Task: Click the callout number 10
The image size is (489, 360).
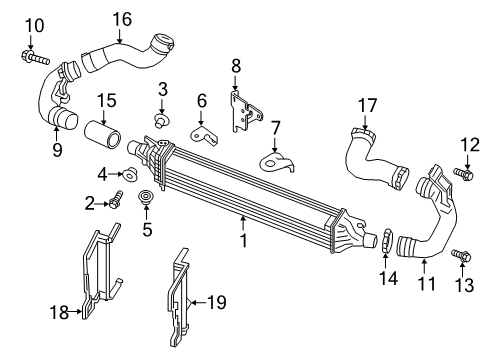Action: tap(34, 24)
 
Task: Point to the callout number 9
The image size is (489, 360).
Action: tap(56, 150)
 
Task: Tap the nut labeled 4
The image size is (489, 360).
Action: tap(131, 175)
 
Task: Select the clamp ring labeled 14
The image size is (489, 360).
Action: tap(384, 240)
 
